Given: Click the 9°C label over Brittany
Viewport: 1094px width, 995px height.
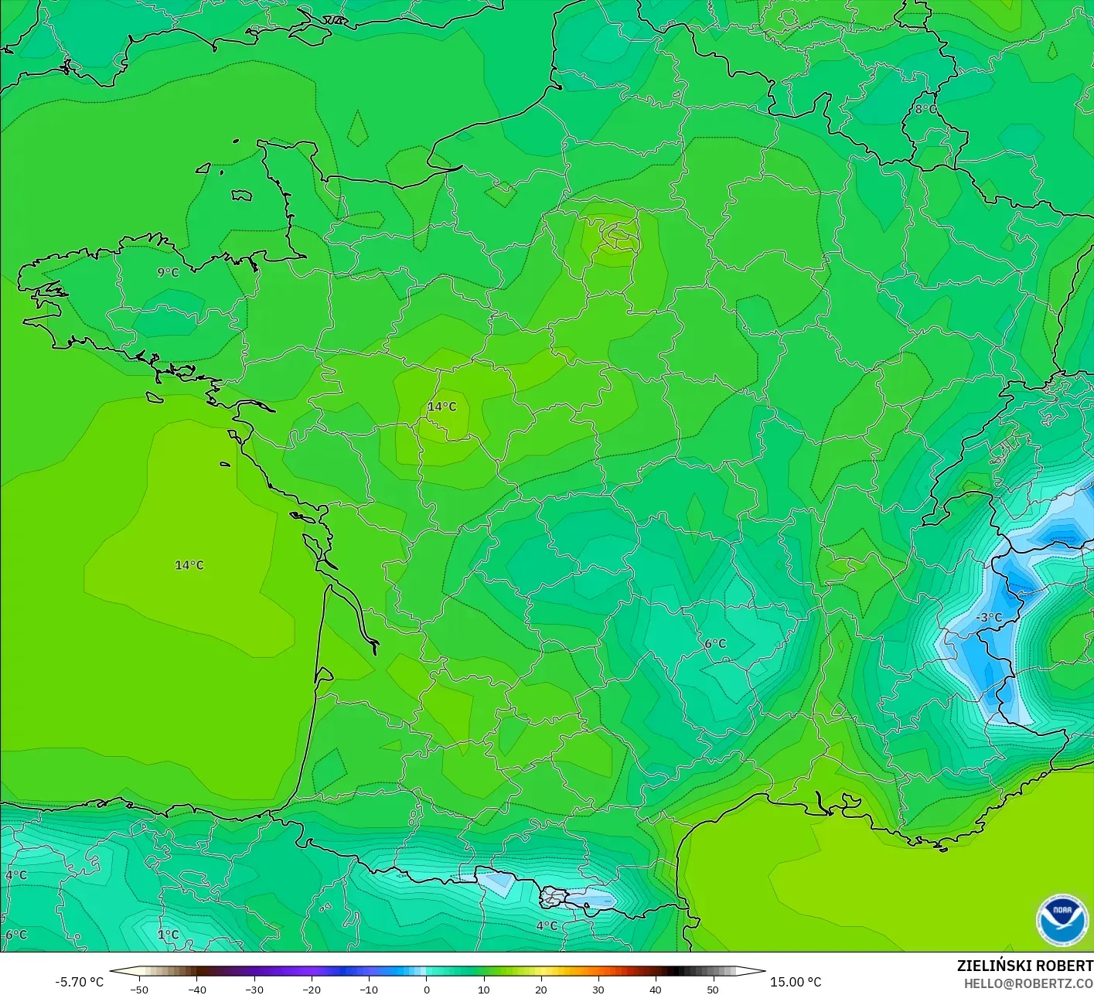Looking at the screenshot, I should click(168, 272).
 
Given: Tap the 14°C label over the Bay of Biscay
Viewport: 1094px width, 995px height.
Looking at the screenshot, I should click(189, 565).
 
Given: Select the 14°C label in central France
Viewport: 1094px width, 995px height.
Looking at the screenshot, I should click(442, 407).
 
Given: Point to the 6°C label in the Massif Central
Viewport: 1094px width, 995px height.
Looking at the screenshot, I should click(715, 643).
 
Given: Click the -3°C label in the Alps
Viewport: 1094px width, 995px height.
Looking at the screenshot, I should click(988, 617).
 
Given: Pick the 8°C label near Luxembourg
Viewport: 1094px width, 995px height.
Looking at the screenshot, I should click(925, 109).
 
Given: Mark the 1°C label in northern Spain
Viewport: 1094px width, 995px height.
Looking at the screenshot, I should click(168, 934).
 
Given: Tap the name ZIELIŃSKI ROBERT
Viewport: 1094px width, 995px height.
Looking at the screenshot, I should click(1024, 966).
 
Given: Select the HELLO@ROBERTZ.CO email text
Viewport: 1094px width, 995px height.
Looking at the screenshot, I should click(1028, 983).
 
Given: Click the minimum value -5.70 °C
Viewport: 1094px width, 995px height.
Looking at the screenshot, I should click(80, 982).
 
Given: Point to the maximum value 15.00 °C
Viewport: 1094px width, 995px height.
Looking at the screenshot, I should click(796, 982).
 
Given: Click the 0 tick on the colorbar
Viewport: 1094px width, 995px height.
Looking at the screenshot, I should click(426, 990).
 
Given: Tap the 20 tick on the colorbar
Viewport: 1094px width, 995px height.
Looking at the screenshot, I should click(540, 990).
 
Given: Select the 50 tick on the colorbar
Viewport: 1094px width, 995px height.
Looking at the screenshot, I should click(712, 990).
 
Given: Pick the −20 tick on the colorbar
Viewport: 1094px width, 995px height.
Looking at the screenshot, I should click(311, 990).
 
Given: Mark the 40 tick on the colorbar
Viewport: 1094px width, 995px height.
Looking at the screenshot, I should click(655, 990).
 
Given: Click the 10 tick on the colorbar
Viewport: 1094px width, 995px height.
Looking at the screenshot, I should click(483, 990).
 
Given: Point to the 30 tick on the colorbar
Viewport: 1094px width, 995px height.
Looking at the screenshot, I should click(598, 990).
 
